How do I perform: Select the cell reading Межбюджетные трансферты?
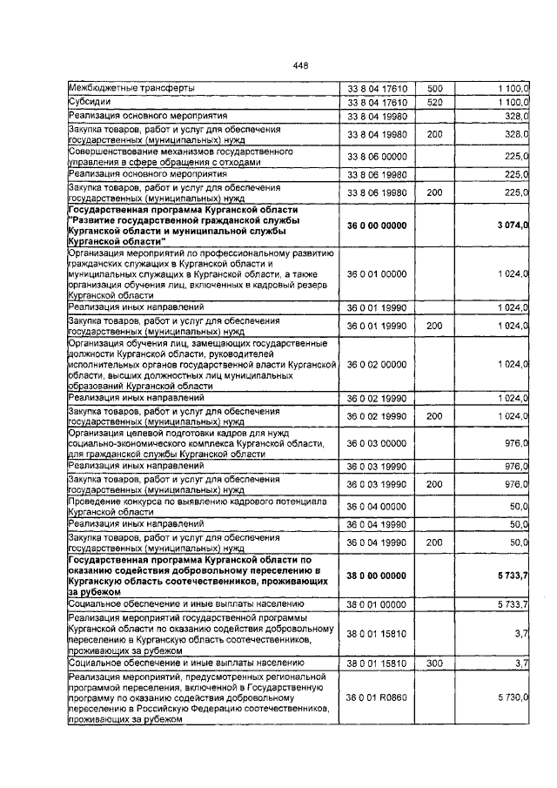131,89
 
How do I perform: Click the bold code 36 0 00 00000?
377,226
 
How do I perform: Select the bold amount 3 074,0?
513,226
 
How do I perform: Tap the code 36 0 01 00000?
377,274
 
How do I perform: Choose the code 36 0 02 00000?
377,365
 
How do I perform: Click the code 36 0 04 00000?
377,506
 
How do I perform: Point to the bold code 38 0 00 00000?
377,576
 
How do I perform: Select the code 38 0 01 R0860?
377,697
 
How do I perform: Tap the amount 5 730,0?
514,697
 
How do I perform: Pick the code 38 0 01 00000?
377,603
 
